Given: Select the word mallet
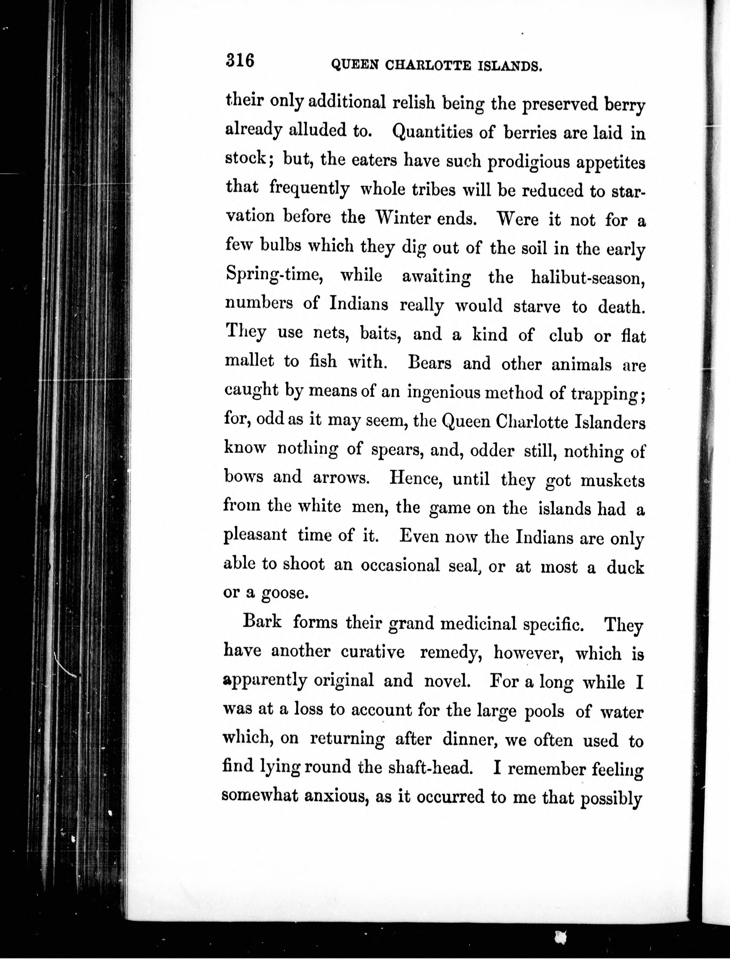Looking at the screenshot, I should (249, 361).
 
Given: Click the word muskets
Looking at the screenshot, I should (613, 480).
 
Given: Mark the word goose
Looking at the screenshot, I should (285, 593).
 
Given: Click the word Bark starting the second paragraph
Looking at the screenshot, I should (262, 622).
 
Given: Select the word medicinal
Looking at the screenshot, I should (478, 624).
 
